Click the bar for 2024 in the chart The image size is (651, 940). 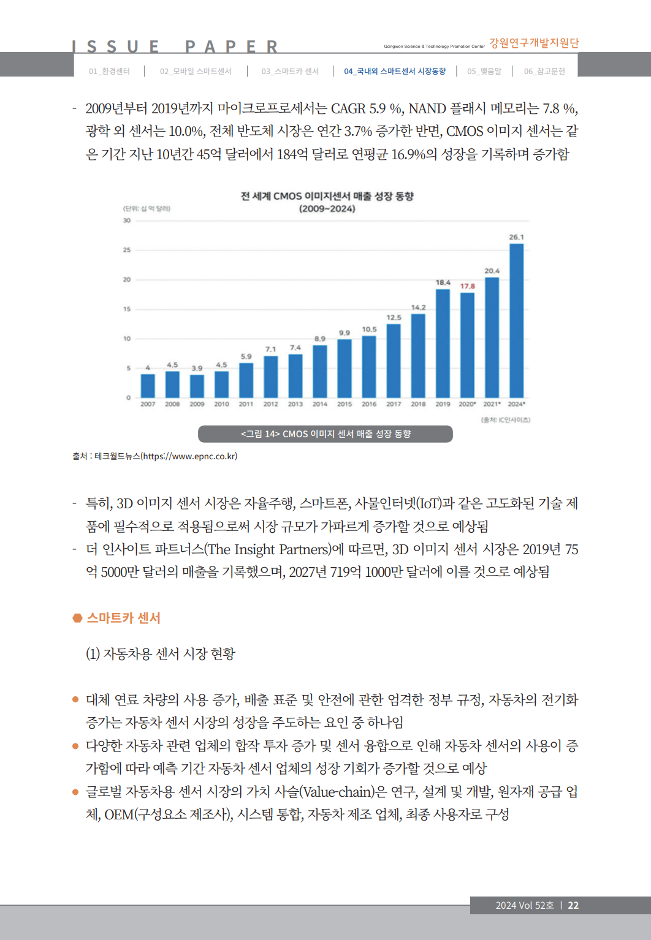[x=516, y=321]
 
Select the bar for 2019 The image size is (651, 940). [x=443, y=344]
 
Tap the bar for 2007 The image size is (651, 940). [x=148, y=386]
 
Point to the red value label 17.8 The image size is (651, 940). [x=468, y=286]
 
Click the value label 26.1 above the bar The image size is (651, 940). [x=516, y=237]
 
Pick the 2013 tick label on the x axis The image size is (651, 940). [x=295, y=404]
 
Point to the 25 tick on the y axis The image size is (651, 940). [x=127, y=250]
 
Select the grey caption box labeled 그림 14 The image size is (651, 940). [x=325, y=434]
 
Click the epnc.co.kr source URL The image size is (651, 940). [x=189, y=456]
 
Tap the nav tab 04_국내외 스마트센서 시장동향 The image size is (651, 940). [x=395, y=71]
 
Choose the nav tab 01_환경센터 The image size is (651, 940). [x=109, y=71]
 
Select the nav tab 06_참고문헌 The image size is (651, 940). [x=544, y=71]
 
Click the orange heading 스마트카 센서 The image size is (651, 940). [x=123, y=618]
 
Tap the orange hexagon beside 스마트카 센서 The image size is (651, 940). [x=77, y=618]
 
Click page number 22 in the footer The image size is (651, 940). [x=573, y=905]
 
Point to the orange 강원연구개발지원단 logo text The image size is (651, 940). [x=534, y=43]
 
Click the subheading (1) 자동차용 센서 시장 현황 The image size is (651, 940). [x=161, y=653]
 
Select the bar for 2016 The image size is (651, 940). [x=369, y=367]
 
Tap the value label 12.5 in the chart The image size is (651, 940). [x=394, y=317]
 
